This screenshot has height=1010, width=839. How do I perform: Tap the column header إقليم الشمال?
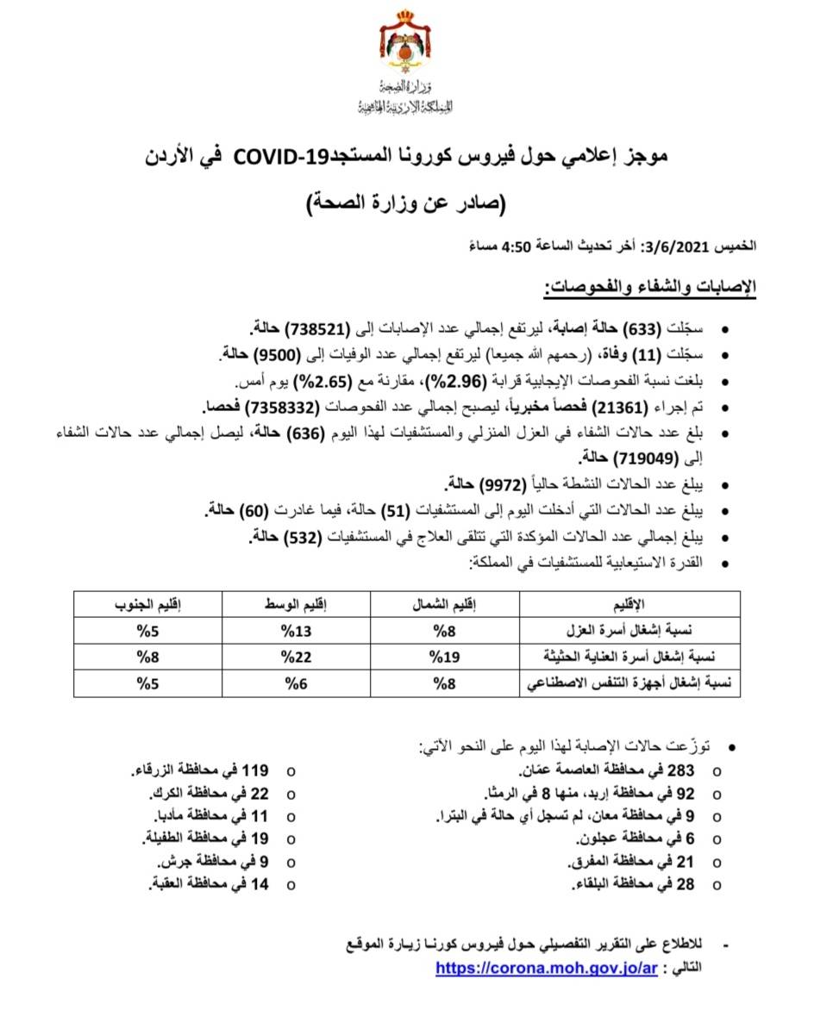pyautogui.click(x=441, y=603)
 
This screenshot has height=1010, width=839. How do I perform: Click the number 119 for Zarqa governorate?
pyautogui.click(x=255, y=770)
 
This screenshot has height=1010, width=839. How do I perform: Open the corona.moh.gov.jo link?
pyautogui.click(x=546, y=968)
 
